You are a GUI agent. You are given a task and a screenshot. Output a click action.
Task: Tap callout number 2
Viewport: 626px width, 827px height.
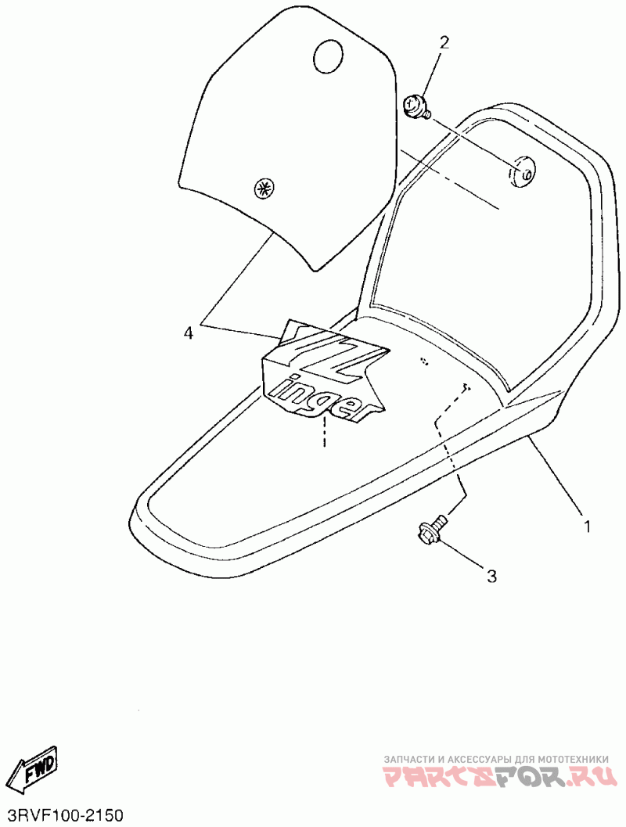pyautogui.click(x=444, y=43)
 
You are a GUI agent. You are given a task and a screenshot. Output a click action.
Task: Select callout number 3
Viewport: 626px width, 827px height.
pyautogui.click(x=491, y=577)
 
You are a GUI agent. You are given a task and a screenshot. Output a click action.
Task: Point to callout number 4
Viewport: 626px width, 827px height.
pyautogui.click(x=188, y=333)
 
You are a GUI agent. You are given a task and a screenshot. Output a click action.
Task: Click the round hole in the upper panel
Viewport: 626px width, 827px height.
pyautogui.click(x=329, y=56)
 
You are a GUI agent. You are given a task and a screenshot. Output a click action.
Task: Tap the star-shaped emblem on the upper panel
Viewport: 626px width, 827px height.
pyautogui.click(x=263, y=189)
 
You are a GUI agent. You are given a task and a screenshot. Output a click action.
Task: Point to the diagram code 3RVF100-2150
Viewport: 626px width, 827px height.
pyautogui.click(x=63, y=815)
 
